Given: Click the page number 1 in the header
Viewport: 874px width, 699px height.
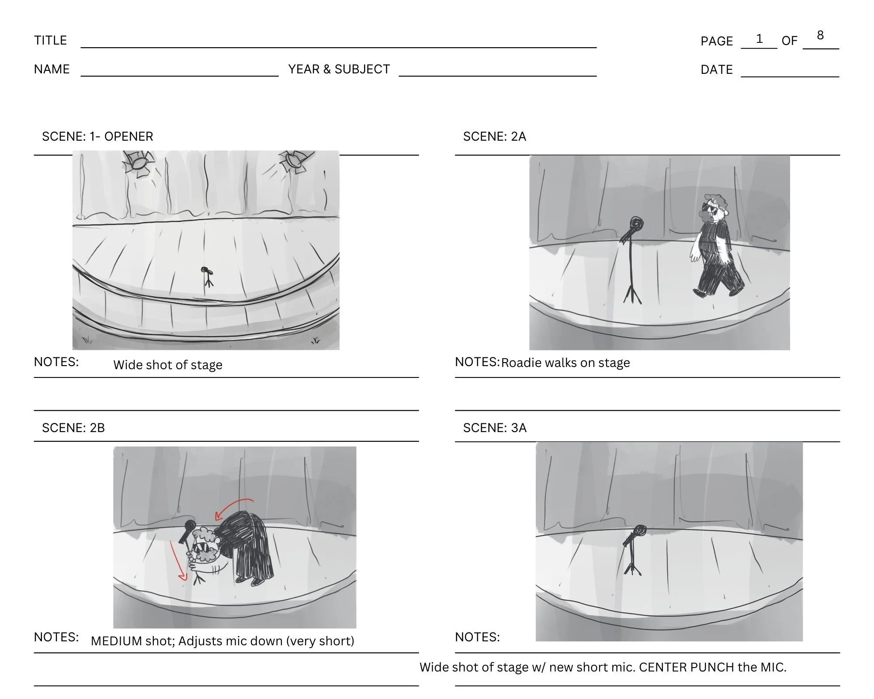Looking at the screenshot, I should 759,39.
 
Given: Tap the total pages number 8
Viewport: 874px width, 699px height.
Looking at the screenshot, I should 820,35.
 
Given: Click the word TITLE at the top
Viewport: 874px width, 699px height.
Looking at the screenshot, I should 50,40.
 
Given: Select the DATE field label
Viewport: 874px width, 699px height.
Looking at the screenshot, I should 716,69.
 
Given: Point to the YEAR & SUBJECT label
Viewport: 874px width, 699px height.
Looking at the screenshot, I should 339,69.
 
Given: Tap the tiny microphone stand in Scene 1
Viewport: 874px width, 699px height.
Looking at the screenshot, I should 208,276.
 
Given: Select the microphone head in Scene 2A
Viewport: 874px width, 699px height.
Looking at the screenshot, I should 636,225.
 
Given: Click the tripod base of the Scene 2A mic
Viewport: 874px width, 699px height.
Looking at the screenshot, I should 632,294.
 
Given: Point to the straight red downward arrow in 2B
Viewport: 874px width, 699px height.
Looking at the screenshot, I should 177,561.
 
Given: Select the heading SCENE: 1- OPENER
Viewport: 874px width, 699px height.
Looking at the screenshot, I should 97,136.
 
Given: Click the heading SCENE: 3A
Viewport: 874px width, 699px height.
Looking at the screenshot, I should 495,428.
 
